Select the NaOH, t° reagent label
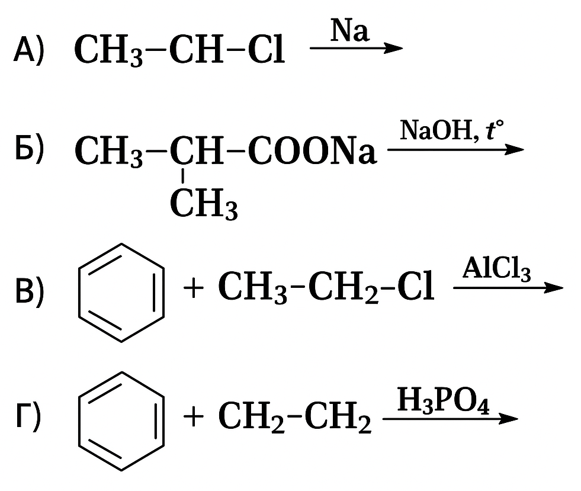coord(451,130)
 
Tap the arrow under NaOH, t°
coord(455,150)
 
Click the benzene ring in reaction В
coord(121,293)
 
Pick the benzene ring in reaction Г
coord(121,421)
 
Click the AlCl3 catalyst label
coord(497,271)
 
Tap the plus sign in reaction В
coord(193,290)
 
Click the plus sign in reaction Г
coord(193,418)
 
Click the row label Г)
coord(28,418)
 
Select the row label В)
coord(29,291)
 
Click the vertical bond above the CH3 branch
coord(183,176)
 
